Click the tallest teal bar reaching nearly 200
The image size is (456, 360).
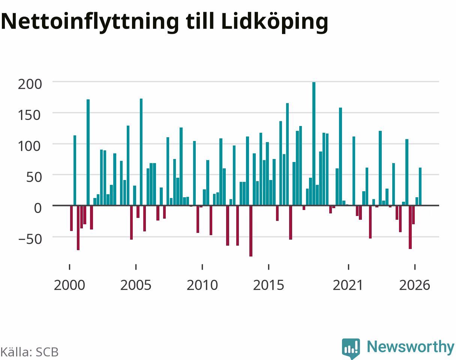pos(314,144)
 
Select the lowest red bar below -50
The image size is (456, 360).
pos(251,231)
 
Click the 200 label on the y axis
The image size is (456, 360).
pos(30,84)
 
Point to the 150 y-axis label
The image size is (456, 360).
pos(29,115)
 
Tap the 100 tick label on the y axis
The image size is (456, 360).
pos(29,146)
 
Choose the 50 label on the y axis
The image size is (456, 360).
pos(34,177)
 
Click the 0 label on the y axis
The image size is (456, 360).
pos(38,208)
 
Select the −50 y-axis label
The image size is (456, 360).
pos(30,239)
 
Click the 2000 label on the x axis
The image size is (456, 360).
pos(69,285)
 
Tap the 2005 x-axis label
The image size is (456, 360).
pos(136,285)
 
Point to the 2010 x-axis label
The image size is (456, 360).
pos(202,285)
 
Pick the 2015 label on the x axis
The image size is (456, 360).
pos(268,285)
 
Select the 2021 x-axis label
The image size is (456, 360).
pos(348,285)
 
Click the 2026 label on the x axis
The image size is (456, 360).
pos(415,285)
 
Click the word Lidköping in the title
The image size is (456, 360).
pos(274,22)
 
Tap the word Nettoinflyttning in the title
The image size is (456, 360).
pos(90,22)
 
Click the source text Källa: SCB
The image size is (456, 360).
pos(30,352)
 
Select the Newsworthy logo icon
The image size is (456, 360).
pos(351,348)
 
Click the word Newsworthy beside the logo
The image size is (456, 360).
pos(411,347)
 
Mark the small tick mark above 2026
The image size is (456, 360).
pos(415,267)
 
